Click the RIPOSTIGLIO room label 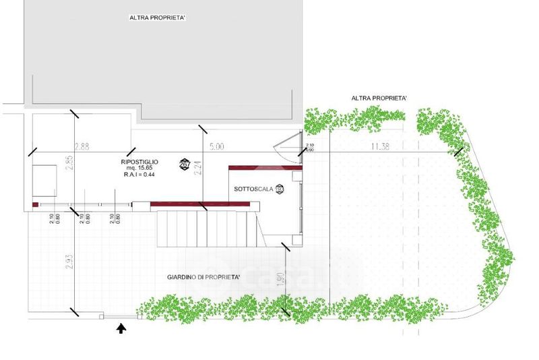tap(139, 162)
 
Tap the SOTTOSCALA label tap(253, 189)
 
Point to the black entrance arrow tap(121, 328)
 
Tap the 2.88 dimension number tap(82, 146)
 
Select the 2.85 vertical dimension tap(69, 164)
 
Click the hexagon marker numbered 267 tap(184, 163)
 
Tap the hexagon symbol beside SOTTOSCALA tap(280, 189)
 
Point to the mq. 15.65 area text tap(139, 169)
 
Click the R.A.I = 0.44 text tap(139, 175)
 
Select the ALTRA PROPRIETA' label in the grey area tap(158, 18)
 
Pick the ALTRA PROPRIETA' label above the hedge tap(379, 98)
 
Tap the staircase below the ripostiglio tap(207, 229)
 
